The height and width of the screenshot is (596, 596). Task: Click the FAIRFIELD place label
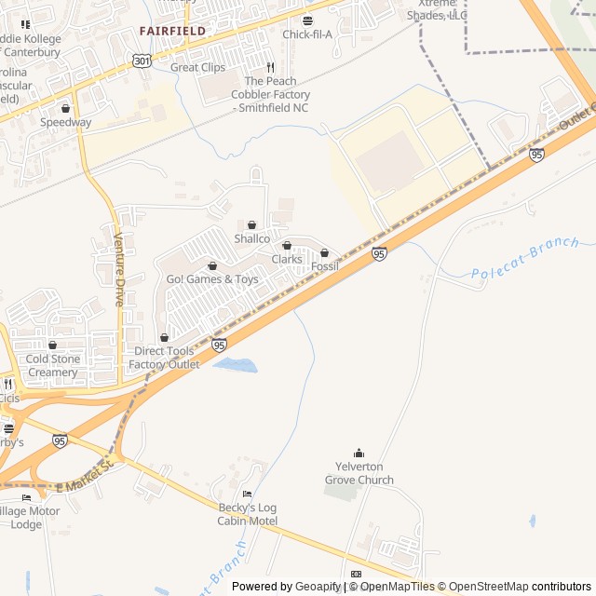click(172, 31)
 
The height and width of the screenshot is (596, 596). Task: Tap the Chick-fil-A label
click(307, 34)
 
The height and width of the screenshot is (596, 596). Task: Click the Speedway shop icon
click(65, 109)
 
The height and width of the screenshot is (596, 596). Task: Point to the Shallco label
click(251, 239)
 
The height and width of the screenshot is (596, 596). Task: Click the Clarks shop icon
click(287, 246)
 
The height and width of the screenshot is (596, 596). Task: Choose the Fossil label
click(324, 267)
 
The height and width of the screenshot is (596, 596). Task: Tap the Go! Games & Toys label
click(212, 279)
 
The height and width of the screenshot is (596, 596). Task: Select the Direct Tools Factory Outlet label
click(165, 358)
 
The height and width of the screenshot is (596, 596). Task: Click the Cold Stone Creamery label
click(52, 366)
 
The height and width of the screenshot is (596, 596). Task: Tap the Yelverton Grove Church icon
click(359, 454)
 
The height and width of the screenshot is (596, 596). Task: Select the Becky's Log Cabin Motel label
click(247, 514)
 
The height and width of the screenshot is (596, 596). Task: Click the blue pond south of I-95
click(235, 365)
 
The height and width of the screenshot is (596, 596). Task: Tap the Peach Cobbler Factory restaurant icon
click(270, 68)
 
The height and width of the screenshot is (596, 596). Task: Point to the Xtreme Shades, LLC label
click(437, 10)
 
